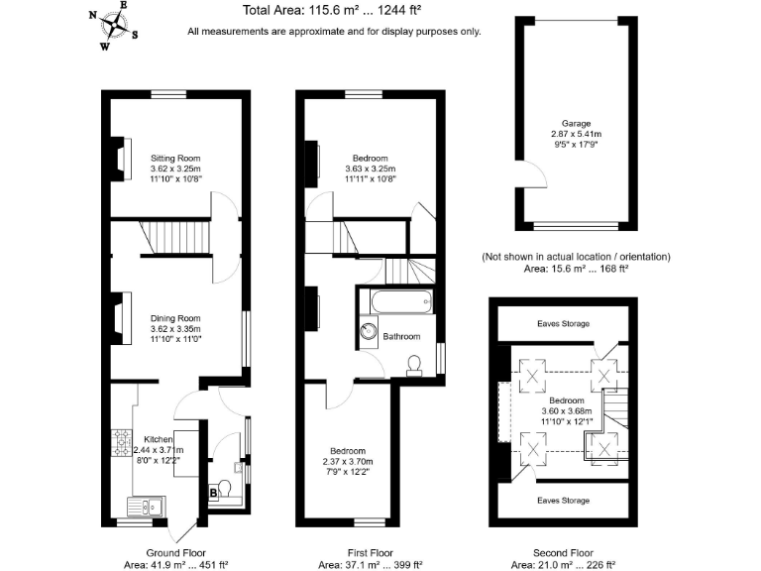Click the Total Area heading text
coord(334,12)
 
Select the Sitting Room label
coord(175,158)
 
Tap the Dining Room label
coord(175,318)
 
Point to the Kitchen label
coord(159,438)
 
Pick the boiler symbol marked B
coord(212,492)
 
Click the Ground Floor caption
coord(175,553)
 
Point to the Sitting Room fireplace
coord(121,158)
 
